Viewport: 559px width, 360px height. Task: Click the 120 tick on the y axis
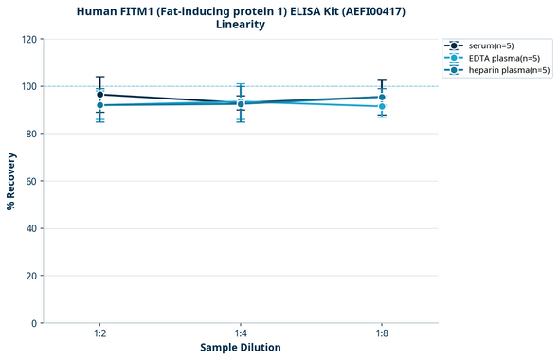tap(29, 39)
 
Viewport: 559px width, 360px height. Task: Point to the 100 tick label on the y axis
tap(29, 86)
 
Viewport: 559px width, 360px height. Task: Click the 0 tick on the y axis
tap(34, 323)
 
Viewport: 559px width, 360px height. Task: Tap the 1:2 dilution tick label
tap(100, 333)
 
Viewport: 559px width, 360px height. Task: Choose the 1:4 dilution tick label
tap(241, 333)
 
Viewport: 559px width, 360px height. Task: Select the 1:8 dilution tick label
tap(381, 333)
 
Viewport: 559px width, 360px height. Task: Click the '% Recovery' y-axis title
tap(11, 181)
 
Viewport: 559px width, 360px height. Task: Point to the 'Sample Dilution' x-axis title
tap(241, 348)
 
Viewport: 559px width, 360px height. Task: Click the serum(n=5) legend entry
tap(491, 45)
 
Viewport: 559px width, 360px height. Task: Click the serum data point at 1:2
tap(100, 95)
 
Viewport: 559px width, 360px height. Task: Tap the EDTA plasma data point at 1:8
tap(381, 106)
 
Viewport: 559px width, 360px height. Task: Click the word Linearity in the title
tap(241, 25)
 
